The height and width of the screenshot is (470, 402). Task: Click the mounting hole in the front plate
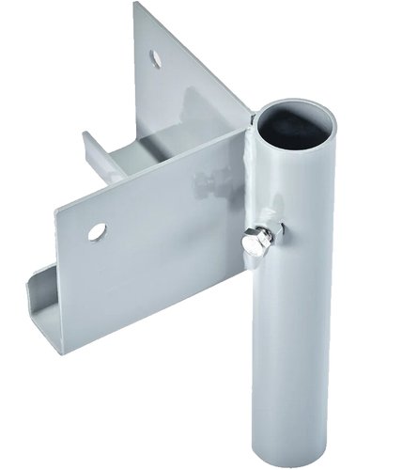(97, 230)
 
